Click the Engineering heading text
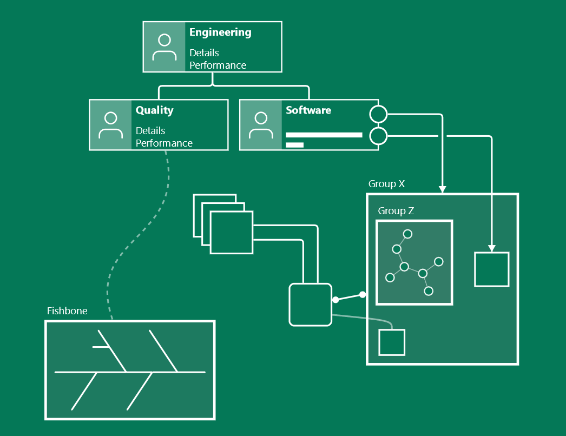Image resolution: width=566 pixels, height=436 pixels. coord(220,32)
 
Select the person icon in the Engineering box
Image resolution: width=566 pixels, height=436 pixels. coord(164,47)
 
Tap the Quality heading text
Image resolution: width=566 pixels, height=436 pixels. coord(154,110)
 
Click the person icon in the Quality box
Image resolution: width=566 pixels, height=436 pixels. coord(110,125)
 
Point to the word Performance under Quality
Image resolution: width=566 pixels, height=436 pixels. coord(164,143)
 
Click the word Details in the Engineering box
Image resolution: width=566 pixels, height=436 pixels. coord(204,53)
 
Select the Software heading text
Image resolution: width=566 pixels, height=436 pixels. coord(308,110)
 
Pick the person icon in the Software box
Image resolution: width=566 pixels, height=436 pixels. coord(261,125)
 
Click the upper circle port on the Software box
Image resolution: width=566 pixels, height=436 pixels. coord(378,115)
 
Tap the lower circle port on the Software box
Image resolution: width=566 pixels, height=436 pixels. coord(378,136)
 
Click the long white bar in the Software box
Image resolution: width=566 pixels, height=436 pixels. coord(324,135)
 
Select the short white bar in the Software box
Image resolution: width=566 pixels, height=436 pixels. coord(294,144)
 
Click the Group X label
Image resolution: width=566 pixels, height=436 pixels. coord(386,184)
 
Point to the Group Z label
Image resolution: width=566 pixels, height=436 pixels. coord(396,211)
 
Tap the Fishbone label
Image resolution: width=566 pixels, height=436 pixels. coord(67,311)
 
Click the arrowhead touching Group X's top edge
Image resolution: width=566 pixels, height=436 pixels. coord(442,189)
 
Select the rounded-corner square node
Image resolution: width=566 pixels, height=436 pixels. coord(310,305)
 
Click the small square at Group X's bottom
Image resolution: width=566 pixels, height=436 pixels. coord(392,342)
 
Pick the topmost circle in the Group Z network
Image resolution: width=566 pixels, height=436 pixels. coord(408,234)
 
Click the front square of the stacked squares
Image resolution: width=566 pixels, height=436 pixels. coord(231,233)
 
